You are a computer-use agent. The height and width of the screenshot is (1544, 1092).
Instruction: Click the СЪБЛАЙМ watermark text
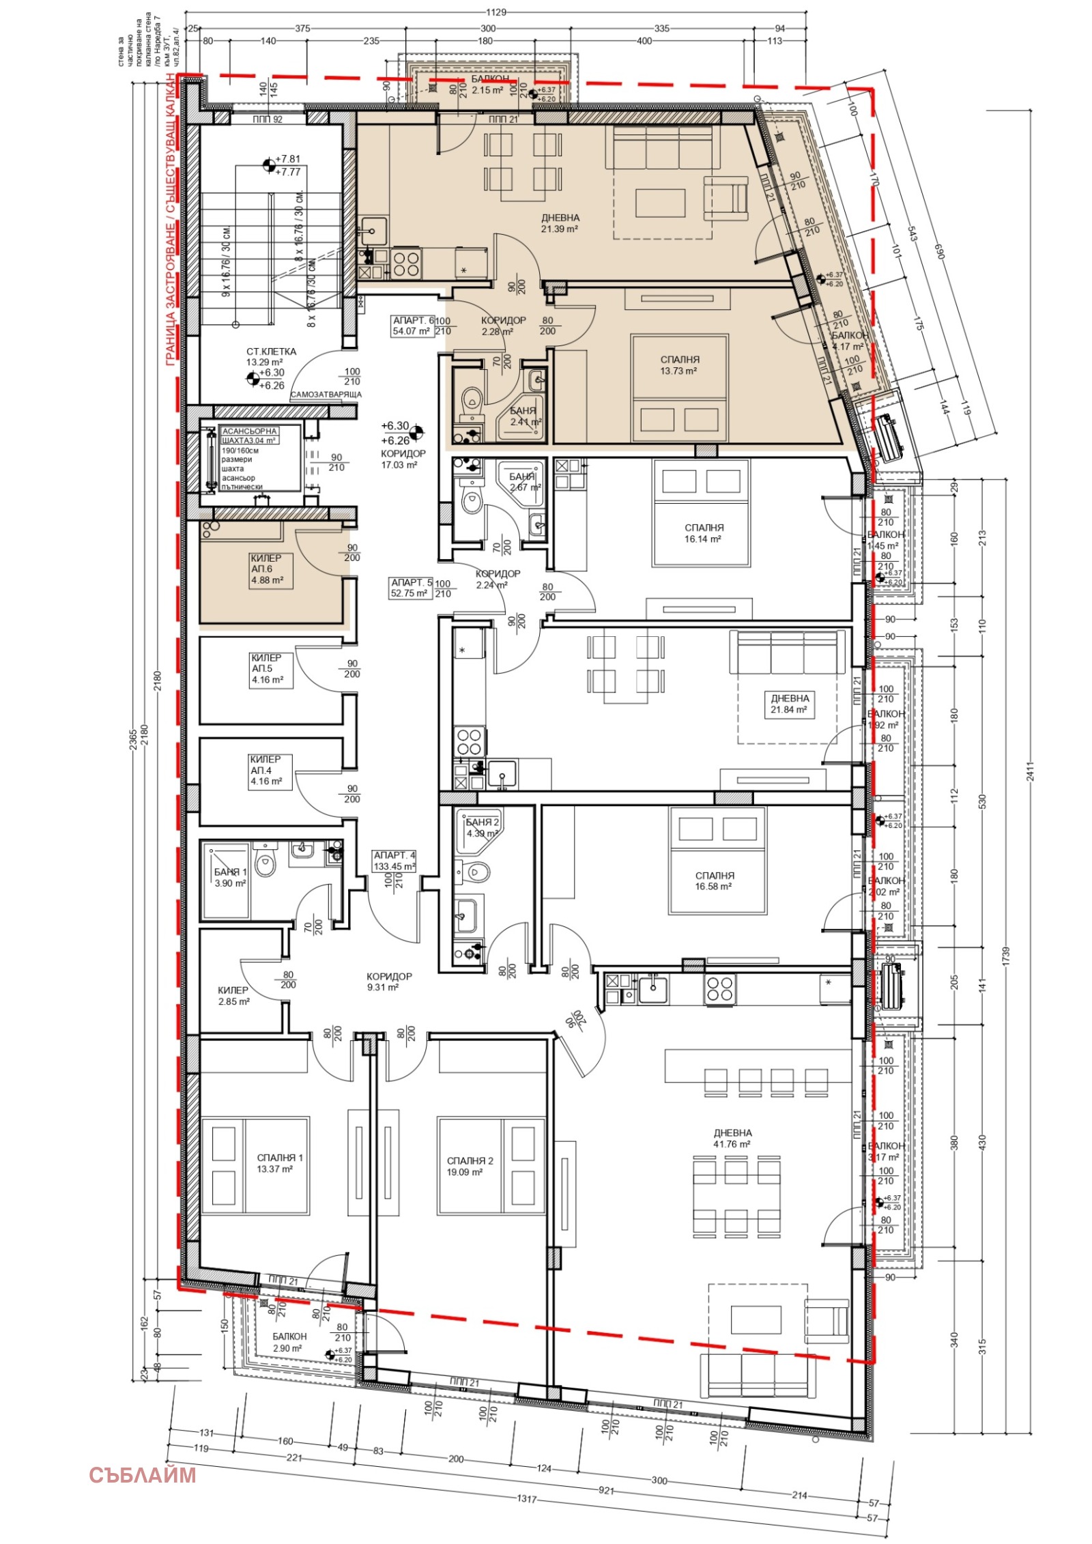click(x=142, y=1474)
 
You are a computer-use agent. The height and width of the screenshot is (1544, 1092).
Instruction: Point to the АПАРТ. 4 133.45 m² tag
click(x=394, y=861)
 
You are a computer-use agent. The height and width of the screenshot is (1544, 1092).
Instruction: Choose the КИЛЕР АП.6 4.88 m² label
click(x=267, y=569)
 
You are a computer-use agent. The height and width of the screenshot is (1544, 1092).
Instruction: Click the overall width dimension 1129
click(x=495, y=12)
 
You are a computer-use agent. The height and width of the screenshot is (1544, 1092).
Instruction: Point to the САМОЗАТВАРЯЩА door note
click(x=326, y=395)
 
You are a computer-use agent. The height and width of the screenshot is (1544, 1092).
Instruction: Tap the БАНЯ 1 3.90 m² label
click(x=230, y=877)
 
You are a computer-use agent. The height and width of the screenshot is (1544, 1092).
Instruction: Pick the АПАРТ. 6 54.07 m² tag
click(x=413, y=326)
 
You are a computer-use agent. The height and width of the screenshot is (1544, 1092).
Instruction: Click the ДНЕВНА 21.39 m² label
click(x=560, y=223)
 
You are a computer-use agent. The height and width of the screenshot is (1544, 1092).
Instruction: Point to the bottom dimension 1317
click(x=526, y=1500)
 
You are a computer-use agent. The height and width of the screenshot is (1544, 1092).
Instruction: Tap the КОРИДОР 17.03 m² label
click(x=403, y=459)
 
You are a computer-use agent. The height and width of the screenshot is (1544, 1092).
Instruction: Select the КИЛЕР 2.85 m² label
click(x=233, y=995)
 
